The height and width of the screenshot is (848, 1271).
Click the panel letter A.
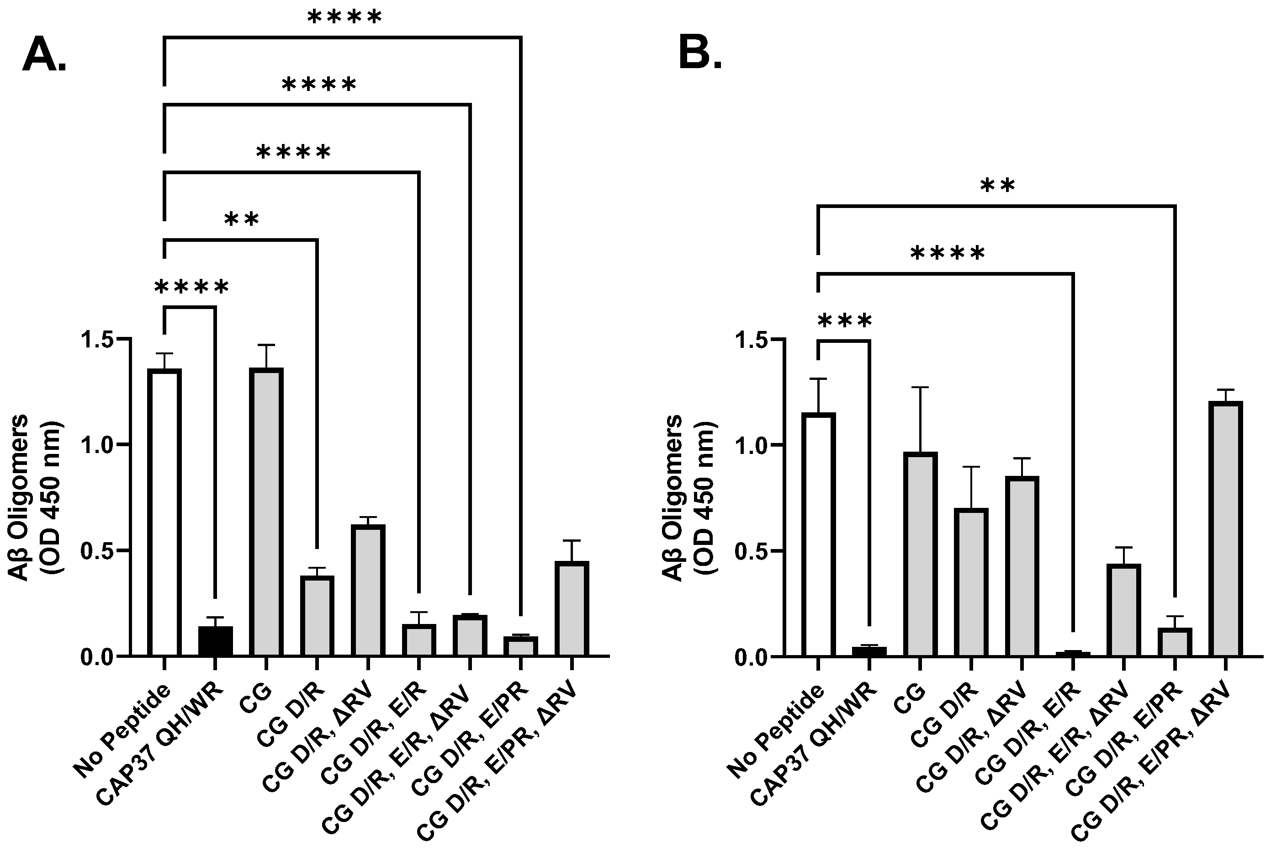(44, 56)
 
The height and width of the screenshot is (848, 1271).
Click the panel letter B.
(699, 54)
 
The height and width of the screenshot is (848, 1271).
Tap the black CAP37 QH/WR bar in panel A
(216, 640)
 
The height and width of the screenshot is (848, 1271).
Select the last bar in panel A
(572, 608)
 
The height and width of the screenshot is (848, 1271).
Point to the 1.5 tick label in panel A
(97, 340)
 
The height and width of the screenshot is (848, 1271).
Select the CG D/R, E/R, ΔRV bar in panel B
(1123, 610)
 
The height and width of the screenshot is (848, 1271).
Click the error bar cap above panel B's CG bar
(920, 387)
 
